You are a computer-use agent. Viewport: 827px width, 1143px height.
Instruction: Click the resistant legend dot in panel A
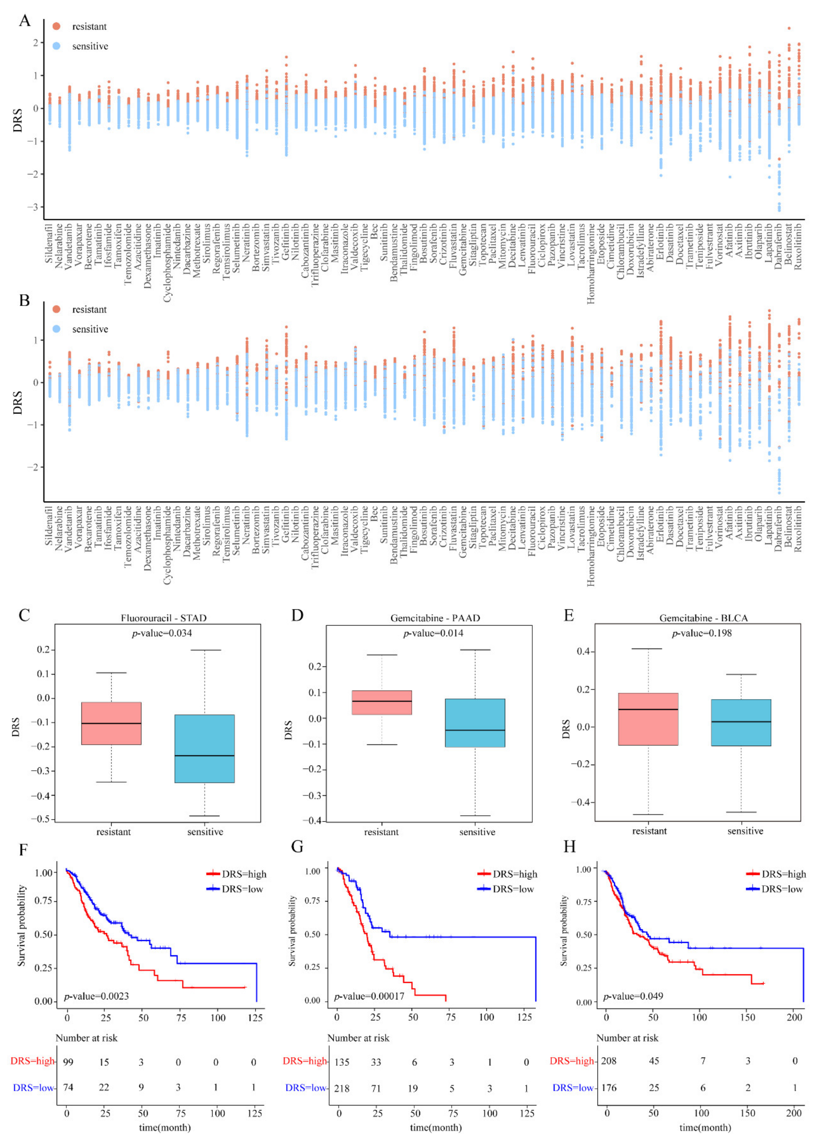pos(57,26)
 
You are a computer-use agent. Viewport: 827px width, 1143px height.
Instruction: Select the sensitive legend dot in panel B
pos(57,329)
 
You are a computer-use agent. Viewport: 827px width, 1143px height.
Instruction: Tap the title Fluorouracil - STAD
pos(163,618)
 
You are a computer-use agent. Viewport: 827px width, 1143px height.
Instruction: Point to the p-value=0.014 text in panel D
pos(433,633)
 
